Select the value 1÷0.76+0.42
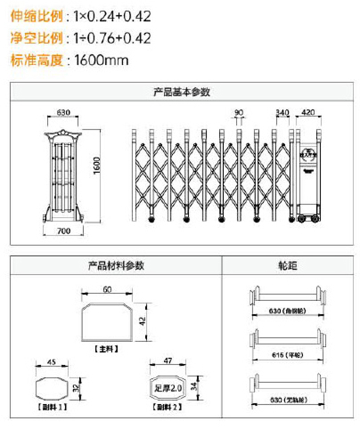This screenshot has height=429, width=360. pos(112,38)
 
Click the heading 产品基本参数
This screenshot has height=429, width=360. pos(182,93)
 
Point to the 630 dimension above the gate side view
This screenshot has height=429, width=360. pos(63,112)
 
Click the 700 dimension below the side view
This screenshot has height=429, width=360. pos(64,231)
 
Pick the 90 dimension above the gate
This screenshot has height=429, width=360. pos(239,112)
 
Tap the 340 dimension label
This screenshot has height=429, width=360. pos(283,112)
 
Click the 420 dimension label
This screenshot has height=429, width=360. pos(309,112)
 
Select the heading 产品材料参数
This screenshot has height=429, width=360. pos(116,266)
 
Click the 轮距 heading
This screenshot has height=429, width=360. pos(288,266)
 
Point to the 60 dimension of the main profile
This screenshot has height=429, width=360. pos(107,289)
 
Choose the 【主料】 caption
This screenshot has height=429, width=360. pos(107,348)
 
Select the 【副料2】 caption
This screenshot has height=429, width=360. pos(167,407)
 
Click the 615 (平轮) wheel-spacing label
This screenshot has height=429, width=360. pos(288,355)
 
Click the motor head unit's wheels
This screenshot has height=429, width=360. pos(308,219)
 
